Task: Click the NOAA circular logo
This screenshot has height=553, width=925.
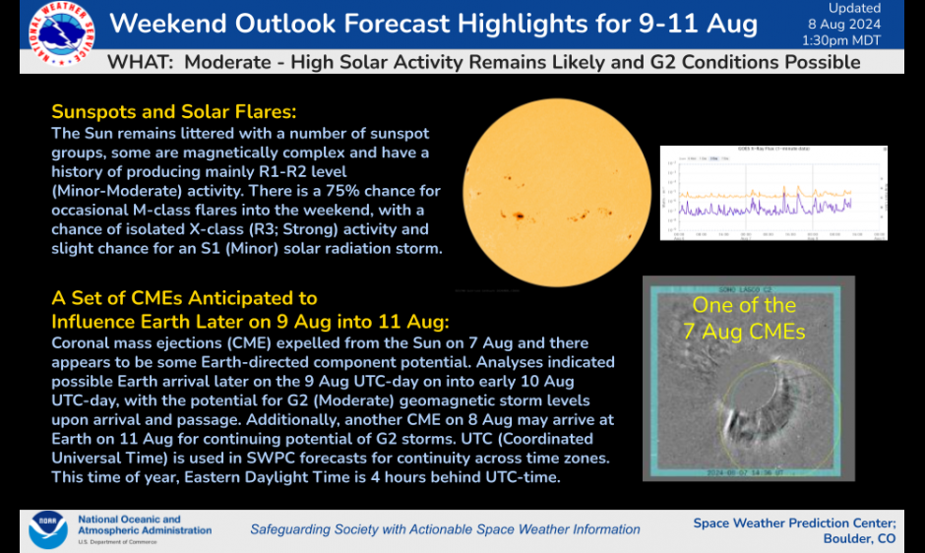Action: (x=48, y=528)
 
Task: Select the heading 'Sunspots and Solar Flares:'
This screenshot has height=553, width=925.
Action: (x=173, y=111)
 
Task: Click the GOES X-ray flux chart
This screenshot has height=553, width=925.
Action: (x=773, y=193)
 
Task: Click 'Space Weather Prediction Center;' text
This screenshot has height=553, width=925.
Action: (x=794, y=522)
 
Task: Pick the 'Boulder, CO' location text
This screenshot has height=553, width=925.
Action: (x=859, y=539)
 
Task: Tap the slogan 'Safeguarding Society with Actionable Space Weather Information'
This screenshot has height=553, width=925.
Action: (x=445, y=529)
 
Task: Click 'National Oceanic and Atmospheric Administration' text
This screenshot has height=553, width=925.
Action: (x=144, y=525)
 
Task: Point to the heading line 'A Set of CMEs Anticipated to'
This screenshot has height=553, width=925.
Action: (x=184, y=298)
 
